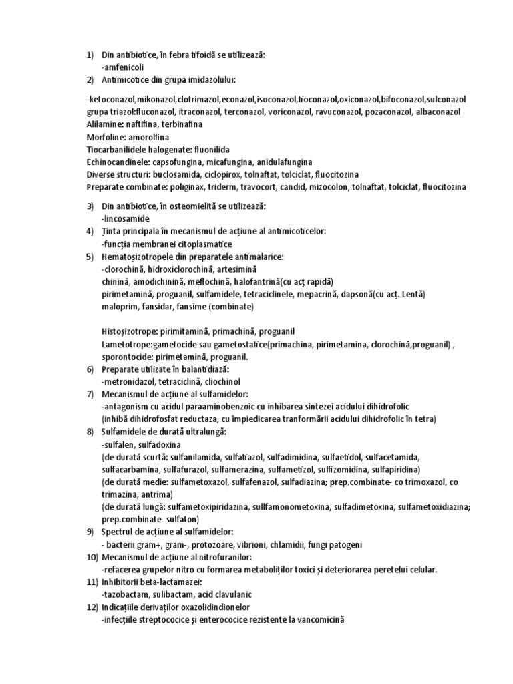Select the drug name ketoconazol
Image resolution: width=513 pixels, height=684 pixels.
(112, 99)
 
